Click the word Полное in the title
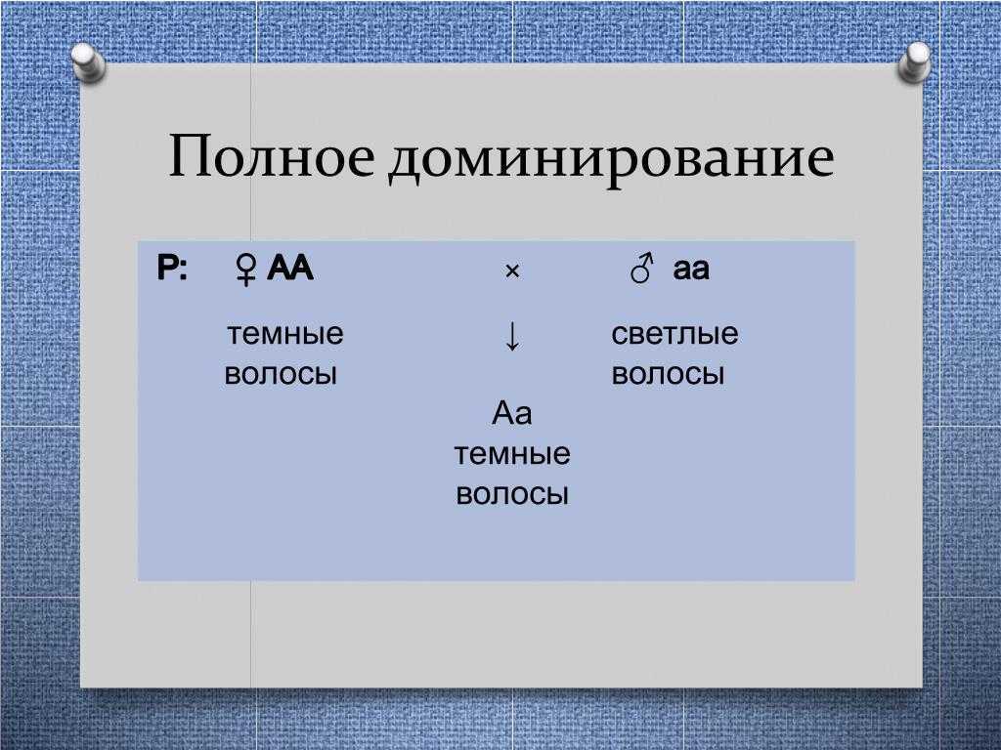point(272,156)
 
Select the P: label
point(172,268)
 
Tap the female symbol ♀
point(245,270)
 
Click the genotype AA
point(289,268)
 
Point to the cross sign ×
point(512,271)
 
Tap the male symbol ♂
point(642,268)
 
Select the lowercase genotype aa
point(691,270)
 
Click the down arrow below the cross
point(512,336)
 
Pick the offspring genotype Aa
point(512,413)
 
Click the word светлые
point(675,334)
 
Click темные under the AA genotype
point(285,334)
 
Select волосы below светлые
point(668,374)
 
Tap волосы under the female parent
point(281,374)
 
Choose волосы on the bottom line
point(512,494)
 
